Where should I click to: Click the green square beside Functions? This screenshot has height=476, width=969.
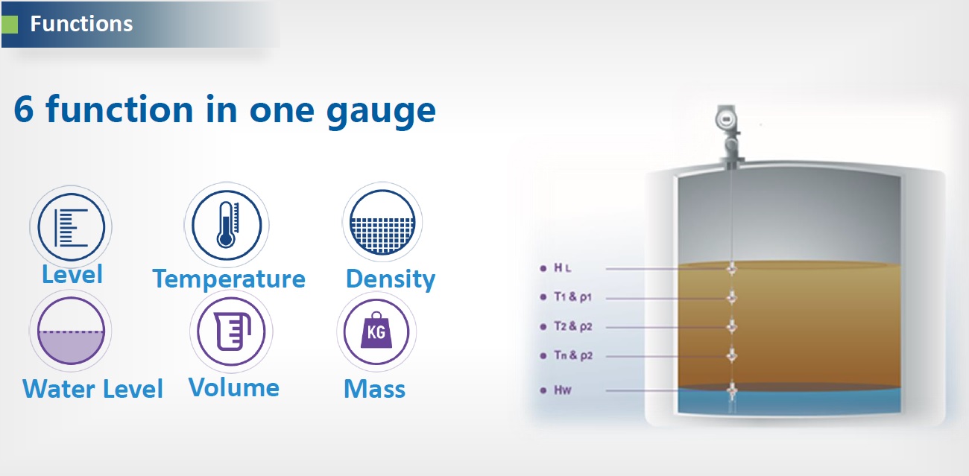[9, 25]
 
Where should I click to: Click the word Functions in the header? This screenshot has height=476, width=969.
[81, 24]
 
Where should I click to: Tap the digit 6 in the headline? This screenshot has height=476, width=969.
[24, 110]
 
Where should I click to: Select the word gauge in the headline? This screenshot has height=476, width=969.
[381, 112]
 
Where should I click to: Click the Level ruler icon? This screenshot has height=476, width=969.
[71, 227]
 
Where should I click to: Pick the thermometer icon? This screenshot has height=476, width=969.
[227, 225]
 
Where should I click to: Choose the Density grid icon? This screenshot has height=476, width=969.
[382, 222]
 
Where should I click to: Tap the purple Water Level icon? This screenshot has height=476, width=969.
[71, 331]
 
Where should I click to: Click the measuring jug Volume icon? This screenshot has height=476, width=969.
[231, 331]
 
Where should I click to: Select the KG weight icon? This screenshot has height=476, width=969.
[376, 331]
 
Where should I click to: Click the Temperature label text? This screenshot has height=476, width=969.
[229, 279]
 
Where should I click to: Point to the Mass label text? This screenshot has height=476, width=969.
[375, 389]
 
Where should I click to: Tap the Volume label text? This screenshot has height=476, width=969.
[234, 387]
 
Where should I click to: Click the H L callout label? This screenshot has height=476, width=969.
[562, 268]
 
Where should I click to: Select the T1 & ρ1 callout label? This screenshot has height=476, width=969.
[572, 297]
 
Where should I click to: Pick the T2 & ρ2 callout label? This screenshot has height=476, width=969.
[573, 326]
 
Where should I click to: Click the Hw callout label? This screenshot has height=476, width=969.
[563, 390]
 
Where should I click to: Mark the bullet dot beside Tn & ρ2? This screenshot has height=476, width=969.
[543, 356]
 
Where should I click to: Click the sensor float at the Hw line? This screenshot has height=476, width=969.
[731, 391]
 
